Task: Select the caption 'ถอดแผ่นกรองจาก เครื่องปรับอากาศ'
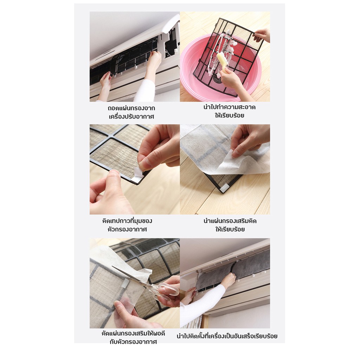[131, 112]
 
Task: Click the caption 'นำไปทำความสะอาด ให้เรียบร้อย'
[229, 111]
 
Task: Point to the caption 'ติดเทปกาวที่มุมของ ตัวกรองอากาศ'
[127, 225]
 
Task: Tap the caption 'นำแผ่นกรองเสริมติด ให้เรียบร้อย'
[230, 225]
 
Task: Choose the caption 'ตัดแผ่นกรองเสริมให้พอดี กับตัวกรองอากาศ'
[133, 337]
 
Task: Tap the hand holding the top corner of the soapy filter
[262, 36]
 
